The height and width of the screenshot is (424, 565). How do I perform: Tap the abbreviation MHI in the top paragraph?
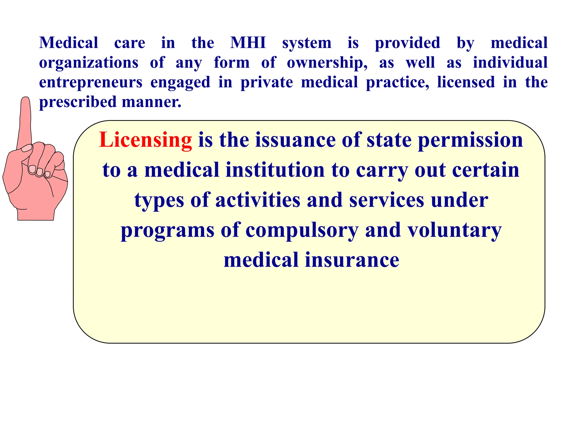coord(248,43)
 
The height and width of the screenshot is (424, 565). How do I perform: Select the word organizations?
coord(89,63)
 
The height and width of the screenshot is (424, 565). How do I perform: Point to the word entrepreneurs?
coord(91,83)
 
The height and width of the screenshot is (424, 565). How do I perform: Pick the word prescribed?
coord(78,102)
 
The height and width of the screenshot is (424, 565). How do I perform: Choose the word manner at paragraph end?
coord(151,102)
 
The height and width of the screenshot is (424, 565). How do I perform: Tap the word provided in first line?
coord(407,43)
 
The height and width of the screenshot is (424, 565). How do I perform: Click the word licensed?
coord(466,83)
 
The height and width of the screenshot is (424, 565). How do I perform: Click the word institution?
coord(275,170)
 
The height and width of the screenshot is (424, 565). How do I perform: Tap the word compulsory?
coord(302,230)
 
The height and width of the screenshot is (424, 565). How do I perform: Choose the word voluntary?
coord(455,230)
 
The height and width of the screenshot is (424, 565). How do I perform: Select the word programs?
coord(167,230)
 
